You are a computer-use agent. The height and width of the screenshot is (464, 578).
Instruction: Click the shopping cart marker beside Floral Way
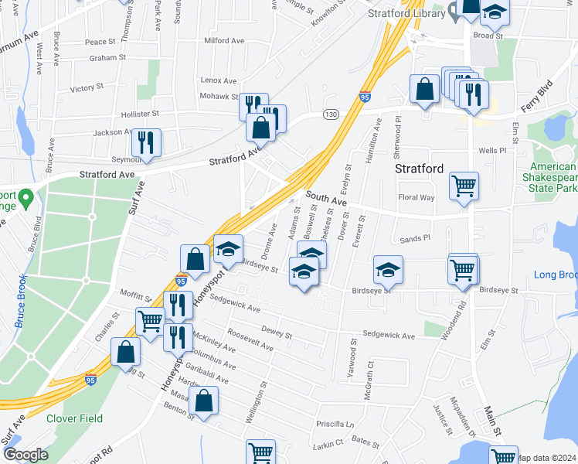point(464,186)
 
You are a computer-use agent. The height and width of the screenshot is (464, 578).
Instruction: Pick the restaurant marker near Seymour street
point(146,142)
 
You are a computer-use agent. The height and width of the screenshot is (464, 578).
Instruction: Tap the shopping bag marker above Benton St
point(203,401)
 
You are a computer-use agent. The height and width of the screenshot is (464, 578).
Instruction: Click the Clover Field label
point(74,418)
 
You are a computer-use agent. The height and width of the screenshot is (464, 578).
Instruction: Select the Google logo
point(25,455)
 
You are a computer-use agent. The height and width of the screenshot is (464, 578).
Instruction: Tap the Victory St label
point(86,89)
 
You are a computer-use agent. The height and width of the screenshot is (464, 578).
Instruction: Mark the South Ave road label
point(327,200)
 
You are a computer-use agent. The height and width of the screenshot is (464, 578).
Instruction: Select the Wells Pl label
point(491,151)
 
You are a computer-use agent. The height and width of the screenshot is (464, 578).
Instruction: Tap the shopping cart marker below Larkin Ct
point(261,453)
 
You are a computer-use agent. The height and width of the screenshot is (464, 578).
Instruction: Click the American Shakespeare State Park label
point(553,177)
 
